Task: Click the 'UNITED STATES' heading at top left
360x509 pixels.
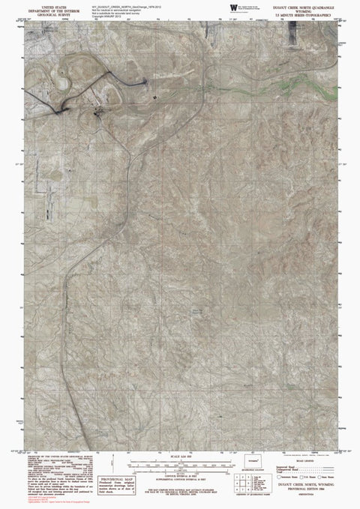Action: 44,4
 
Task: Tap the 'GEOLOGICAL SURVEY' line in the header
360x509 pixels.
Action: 44,13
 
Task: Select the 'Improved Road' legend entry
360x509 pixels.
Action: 288,463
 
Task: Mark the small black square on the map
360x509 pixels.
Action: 155,97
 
